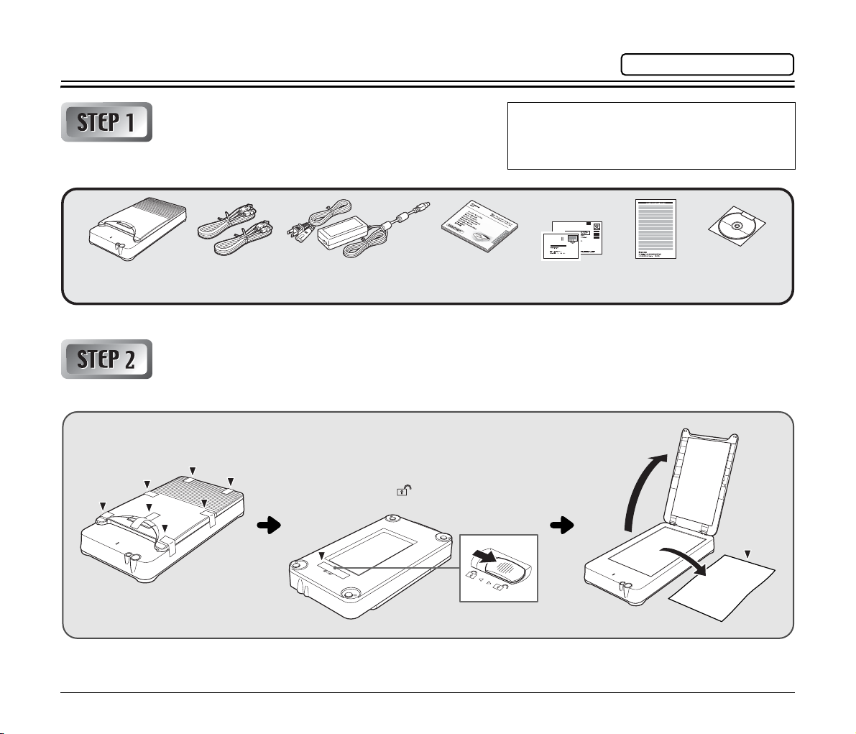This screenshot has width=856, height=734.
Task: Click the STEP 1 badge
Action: pos(106,121)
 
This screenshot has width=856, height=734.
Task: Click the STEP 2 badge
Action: pos(106,359)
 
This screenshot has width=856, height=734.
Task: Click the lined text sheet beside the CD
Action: pos(655,229)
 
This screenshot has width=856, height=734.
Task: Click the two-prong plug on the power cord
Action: pos(299,229)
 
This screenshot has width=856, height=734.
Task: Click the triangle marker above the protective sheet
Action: pos(748,554)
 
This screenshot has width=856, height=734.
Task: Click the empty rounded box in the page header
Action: pos(707,65)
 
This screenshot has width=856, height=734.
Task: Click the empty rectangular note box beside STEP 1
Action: pos(651,135)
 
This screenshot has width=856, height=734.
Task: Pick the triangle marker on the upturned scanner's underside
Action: pos(322,554)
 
